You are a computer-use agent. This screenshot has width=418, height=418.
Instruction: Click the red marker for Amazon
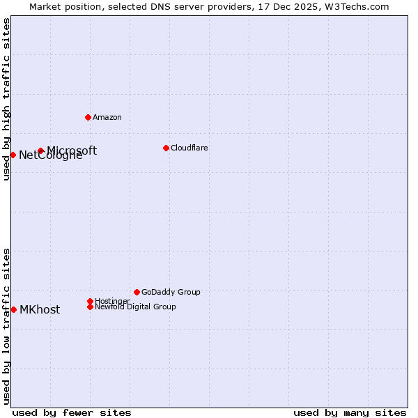pos(88,117)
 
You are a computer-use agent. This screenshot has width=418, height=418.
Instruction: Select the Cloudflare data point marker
pos(166,148)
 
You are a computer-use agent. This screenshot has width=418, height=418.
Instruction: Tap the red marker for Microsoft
pos(41,150)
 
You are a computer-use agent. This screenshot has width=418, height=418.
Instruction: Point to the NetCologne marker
pos(13,155)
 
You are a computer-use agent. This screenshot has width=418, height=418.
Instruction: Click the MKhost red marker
pos(13,309)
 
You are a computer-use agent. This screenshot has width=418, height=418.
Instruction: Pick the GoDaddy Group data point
pos(137,292)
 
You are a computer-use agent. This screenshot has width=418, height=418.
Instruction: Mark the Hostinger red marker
pos(90,301)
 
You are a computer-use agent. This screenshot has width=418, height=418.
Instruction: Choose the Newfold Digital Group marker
pos(90,307)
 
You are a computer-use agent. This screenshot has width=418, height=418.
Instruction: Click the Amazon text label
pos(107,117)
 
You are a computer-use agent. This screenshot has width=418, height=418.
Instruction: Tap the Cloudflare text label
pos(189,148)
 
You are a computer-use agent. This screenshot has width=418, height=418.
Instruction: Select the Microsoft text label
pos(72,150)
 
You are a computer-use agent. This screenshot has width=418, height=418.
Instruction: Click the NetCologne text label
pos(50,155)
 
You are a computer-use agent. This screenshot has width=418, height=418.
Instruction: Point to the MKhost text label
pos(40,310)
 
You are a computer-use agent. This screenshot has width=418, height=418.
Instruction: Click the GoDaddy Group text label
pos(171,292)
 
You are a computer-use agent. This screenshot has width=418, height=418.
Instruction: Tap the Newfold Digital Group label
pos(135,307)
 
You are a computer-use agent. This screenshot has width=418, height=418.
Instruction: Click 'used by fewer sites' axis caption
pos(72,412)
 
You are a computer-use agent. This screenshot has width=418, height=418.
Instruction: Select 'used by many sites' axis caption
pos(350,412)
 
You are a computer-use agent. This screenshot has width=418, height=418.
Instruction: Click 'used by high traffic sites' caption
pos(6,99)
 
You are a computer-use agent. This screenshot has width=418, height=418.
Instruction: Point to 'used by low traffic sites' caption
pos(6,325)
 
